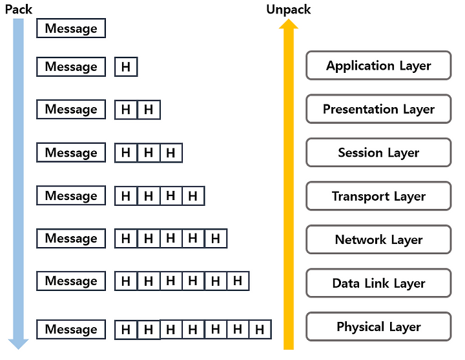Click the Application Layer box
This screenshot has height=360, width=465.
(x=378, y=65)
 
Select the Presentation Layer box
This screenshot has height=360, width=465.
(x=378, y=109)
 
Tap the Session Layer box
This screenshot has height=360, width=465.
(x=378, y=152)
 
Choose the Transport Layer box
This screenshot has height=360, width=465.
(x=378, y=196)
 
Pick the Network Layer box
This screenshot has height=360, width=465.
(x=378, y=239)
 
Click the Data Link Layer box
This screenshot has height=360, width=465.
(x=378, y=283)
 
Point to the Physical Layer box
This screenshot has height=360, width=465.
(x=378, y=326)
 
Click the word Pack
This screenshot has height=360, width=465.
(x=18, y=10)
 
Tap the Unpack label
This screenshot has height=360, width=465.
(x=288, y=10)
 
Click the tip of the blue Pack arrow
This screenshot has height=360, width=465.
(x=18, y=349)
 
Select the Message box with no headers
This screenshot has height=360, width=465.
(x=71, y=28)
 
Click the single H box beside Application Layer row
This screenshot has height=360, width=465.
(x=126, y=66)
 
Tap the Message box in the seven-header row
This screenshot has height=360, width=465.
(x=71, y=329)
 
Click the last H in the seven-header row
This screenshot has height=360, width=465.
(x=260, y=329)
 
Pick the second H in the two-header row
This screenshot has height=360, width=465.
(x=149, y=110)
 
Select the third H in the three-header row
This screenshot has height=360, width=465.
(x=170, y=153)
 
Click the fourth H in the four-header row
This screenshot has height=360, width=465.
(x=193, y=196)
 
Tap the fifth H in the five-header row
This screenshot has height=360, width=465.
(x=216, y=239)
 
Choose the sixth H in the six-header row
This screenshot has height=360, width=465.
(x=238, y=281)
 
